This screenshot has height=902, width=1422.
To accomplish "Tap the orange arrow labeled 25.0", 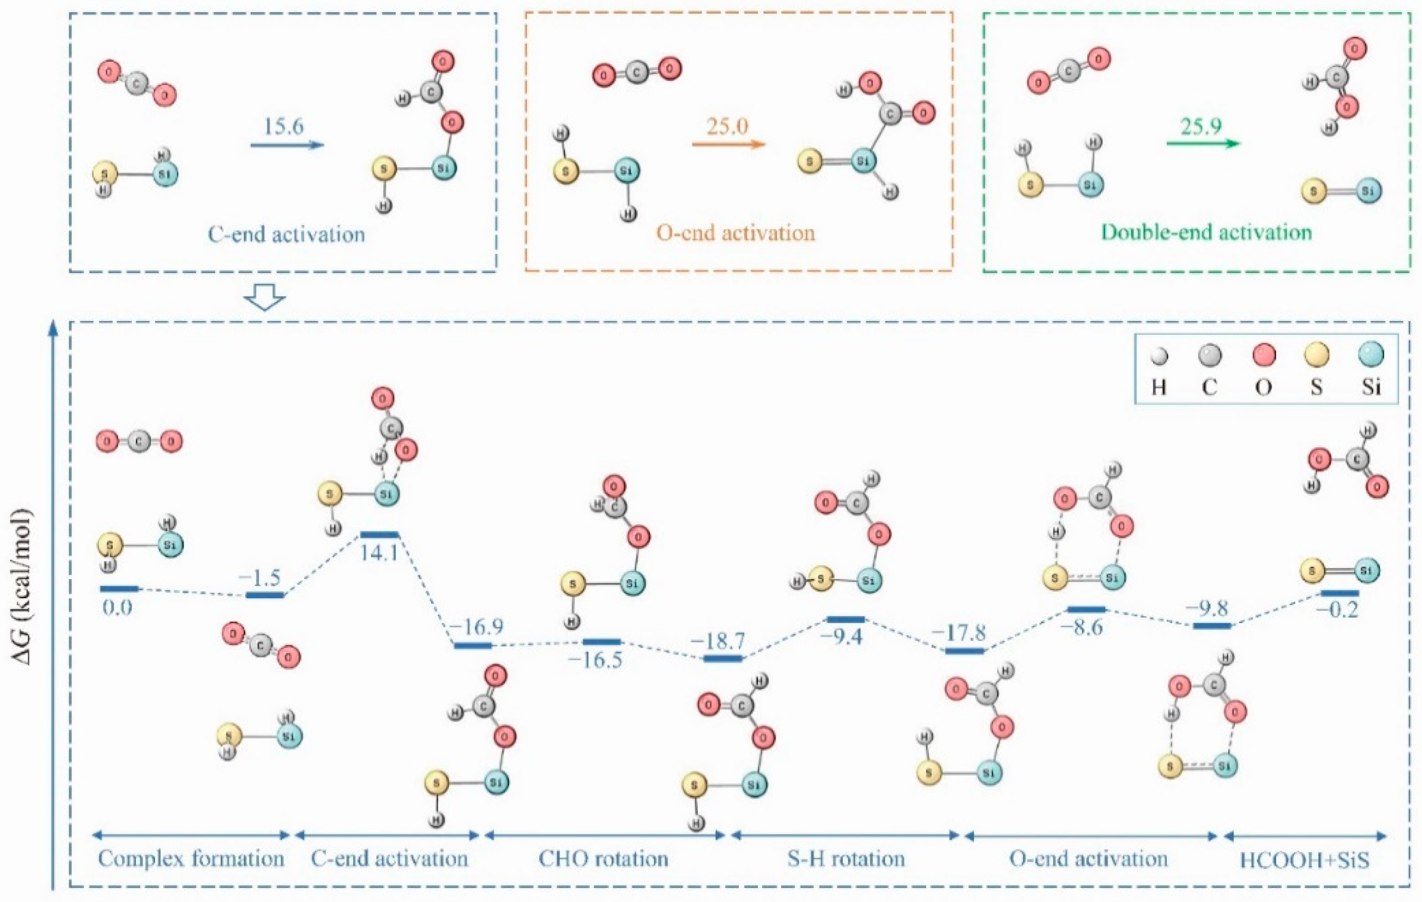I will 728,144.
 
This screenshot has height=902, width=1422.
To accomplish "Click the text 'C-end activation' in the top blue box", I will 286,235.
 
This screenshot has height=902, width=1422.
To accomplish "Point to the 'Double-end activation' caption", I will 1206,232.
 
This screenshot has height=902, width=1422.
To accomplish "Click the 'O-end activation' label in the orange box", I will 736,232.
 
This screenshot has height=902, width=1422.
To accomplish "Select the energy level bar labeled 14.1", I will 380,535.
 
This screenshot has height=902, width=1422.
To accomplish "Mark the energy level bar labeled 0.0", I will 118,588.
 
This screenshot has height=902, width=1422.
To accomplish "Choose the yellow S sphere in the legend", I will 1316,356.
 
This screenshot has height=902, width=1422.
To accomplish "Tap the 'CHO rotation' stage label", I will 603,858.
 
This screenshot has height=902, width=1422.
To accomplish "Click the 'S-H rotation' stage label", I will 846,858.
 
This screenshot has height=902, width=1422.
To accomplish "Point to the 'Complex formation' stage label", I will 191,858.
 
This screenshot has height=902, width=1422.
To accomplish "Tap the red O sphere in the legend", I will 1264,356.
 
